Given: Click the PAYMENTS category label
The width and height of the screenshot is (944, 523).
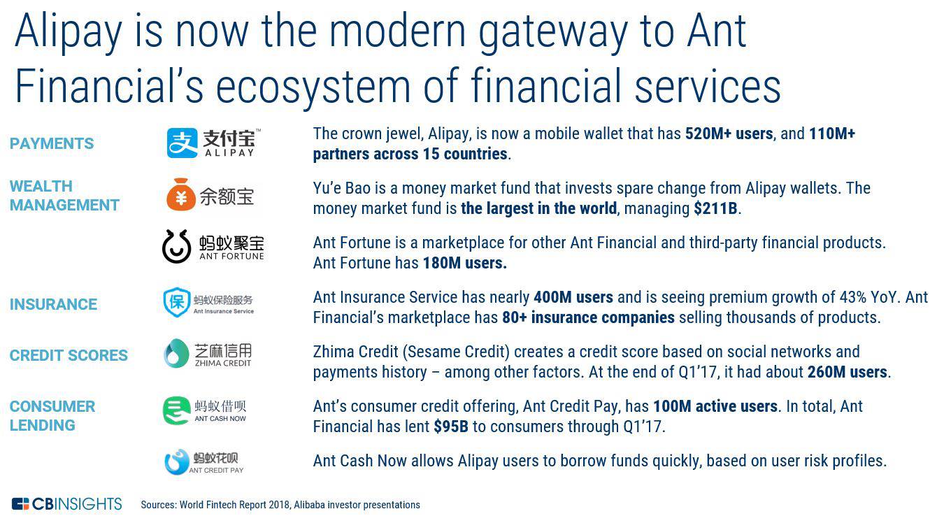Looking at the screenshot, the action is click(52, 144).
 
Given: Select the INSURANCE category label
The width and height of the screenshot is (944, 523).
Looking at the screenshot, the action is click(53, 304).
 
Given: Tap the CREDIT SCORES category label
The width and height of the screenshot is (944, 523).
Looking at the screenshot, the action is click(69, 355).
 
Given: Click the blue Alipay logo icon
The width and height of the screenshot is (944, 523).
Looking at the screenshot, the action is click(182, 143).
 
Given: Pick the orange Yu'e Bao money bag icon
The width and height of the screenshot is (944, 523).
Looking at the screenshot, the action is click(181, 194).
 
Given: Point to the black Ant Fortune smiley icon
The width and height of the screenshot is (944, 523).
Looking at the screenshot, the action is click(176, 247).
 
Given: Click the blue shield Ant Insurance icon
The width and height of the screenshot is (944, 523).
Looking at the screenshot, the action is click(177, 302).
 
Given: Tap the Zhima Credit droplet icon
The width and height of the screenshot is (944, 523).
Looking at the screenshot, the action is click(176, 353).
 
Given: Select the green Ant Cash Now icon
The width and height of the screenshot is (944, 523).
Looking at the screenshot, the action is click(177, 410).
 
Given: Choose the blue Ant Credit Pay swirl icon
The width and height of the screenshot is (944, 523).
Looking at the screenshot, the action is click(177, 462).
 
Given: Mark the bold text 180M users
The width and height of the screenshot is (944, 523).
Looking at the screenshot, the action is click(464, 263).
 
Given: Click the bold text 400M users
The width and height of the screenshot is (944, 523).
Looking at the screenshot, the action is click(573, 297).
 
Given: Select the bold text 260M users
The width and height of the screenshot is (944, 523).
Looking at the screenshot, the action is click(848, 372).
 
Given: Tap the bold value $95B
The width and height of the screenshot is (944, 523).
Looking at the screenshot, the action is click(451, 427).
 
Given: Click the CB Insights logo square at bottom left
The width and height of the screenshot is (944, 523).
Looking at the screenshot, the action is click(20, 504).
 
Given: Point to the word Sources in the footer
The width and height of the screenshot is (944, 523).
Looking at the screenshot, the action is click(159, 504).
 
